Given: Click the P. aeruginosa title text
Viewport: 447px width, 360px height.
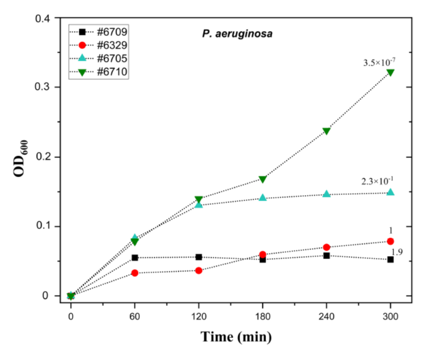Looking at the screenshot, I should pyautogui.click(x=236, y=34).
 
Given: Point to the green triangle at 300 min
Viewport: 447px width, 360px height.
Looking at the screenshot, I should pyautogui.click(x=390, y=73).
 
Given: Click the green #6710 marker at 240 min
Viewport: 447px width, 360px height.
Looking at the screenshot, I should pyautogui.click(x=327, y=131).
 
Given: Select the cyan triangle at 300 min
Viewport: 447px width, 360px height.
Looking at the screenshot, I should pyautogui.click(x=390, y=192).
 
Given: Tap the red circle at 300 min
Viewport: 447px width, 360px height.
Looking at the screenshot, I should pyautogui.click(x=390, y=241).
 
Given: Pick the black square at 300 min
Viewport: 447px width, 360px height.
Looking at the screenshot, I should pyautogui.click(x=390, y=260).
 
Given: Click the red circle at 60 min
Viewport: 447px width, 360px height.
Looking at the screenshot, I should pyautogui.click(x=135, y=273).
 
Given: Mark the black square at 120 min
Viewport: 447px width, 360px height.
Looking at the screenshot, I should pyautogui.click(x=199, y=257).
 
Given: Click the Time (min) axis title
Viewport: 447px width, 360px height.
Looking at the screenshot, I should pyautogui.click(x=236, y=337).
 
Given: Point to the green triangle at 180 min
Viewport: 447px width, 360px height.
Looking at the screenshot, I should pyautogui.click(x=263, y=179).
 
